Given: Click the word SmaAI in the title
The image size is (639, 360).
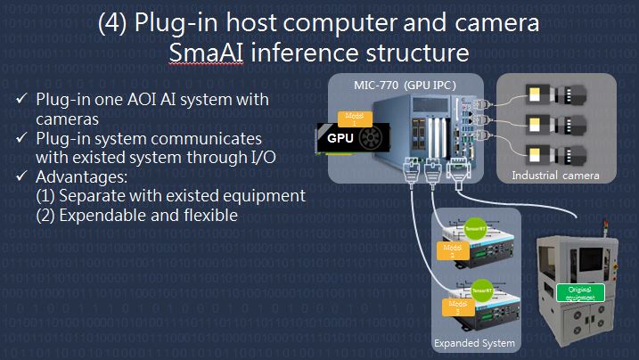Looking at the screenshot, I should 202,53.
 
